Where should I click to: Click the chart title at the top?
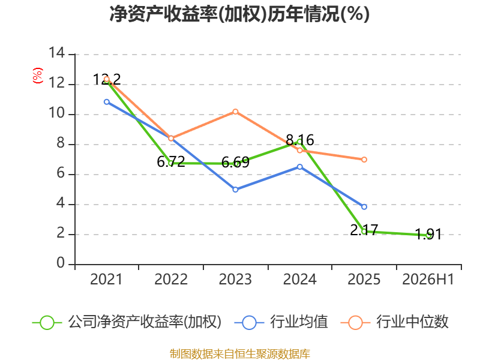[239, 14]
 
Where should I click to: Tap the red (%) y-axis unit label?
[37, 76]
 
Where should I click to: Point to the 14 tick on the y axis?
[57, 53]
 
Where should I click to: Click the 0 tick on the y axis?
[61, 263]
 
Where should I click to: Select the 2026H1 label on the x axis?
[428, 279]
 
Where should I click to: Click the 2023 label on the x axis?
[235, 279]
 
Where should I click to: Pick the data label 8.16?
[299, 140]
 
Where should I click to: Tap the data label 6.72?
[171, 161]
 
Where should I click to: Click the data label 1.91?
[428, 235]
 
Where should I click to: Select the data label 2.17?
[364, 230]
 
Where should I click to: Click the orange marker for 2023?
[235, 112]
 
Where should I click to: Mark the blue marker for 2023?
[235, 190]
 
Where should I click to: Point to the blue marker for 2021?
[107, 102]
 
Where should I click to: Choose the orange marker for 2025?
[364, 160]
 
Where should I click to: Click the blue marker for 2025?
[364, 207]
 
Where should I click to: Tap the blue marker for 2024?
[299, 167]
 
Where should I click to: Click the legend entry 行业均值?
[281, 322]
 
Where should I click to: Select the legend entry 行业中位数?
[395, 322]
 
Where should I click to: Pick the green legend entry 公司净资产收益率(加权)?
[127, 322]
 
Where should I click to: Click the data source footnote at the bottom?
[239, 354]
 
